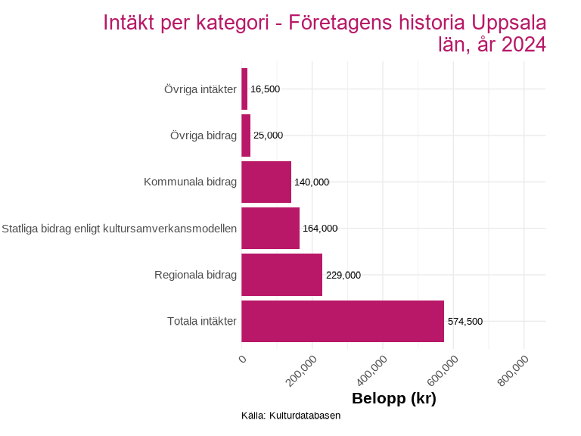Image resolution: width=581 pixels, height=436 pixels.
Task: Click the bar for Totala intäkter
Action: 342,321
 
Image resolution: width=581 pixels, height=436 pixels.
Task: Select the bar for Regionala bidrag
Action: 281,275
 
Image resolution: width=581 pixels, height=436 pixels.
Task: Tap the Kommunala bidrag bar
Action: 266,182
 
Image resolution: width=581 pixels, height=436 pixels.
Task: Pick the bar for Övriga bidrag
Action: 246,135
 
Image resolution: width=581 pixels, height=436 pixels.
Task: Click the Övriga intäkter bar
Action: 244,89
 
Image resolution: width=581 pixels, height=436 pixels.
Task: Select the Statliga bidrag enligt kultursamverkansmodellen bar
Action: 270,228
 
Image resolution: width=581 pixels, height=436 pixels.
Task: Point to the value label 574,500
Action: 464,322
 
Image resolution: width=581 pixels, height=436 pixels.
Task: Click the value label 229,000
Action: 343,276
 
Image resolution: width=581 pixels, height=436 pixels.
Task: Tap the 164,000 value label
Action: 320,229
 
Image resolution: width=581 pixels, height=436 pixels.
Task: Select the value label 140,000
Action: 312,182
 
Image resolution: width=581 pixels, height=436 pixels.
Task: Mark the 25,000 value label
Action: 268,135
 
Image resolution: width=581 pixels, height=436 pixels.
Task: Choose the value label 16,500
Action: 265,89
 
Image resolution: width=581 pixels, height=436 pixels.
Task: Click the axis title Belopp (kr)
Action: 394,398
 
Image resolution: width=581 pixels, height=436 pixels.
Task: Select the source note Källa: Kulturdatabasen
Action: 291,416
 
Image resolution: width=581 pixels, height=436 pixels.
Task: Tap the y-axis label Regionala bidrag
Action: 195,275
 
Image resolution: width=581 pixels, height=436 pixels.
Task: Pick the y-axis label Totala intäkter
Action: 202,322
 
